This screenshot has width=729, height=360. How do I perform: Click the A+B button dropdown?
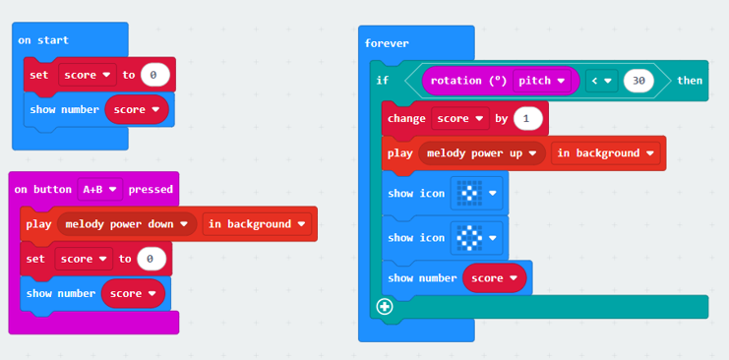click(100, 189)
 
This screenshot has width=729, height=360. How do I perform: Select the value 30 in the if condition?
click(638, 81)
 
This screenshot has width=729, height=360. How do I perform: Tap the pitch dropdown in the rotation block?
click(542, 81)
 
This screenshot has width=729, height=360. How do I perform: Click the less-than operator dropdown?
click(601, 81)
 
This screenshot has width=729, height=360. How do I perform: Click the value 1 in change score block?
click(527, 119)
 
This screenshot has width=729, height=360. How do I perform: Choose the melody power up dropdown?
click(482, 153)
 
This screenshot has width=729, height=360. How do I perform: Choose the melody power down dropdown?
click(127, 224)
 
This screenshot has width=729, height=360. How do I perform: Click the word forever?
click(387, 43)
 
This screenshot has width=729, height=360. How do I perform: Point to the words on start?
click(43, 40)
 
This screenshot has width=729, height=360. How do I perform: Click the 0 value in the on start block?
click(154, 75)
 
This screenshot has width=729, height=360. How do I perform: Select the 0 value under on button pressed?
click(152, 259)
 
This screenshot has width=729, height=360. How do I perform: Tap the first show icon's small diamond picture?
click(469, 193)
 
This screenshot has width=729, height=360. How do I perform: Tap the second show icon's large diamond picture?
click(469, 238)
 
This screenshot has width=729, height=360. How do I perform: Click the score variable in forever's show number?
click(494, 278)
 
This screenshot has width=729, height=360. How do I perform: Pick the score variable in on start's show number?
click(137, 110)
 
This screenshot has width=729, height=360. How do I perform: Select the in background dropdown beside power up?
click(605, 153)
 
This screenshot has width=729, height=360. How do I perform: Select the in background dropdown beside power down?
click(257, 224)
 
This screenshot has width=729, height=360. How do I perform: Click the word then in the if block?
click(690, 81)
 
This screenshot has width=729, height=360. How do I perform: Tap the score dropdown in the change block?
click(460, 119)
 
